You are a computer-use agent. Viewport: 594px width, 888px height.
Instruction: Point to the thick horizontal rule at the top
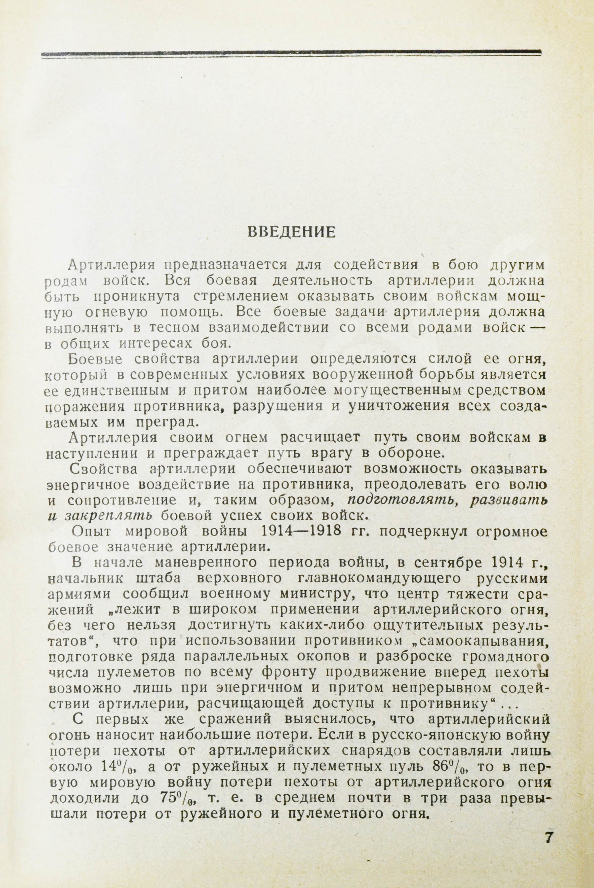[x=291, y=54]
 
